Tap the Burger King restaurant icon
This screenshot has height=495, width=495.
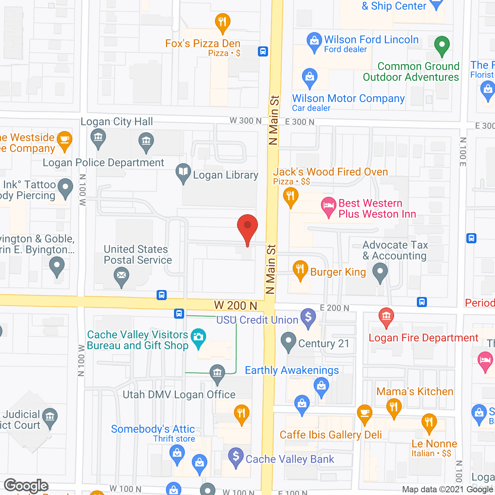tap(300, 269)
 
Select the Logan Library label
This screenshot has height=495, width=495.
tap(225, 175)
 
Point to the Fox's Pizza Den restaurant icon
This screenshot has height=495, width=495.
tap(222, 22)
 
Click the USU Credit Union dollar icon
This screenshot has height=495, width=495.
tap(308, 317)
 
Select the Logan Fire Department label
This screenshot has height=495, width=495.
tap(423, 338)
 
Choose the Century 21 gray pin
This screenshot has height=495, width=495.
tap(288, 341)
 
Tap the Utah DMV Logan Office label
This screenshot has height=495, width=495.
tap(179, 394)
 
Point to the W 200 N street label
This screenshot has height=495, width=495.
tap(236, 306)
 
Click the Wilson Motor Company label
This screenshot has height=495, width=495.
tap(348, 99)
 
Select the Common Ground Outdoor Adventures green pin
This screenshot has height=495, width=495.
tap(442, 45)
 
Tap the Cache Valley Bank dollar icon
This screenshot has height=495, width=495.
tap(236, 456)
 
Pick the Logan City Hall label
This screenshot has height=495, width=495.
tap(117, 122)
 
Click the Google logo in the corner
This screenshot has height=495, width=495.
tap(26, 486)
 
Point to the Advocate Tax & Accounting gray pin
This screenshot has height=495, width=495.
tap(380, 271)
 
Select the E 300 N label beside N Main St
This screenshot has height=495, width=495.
tap(300, 122)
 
